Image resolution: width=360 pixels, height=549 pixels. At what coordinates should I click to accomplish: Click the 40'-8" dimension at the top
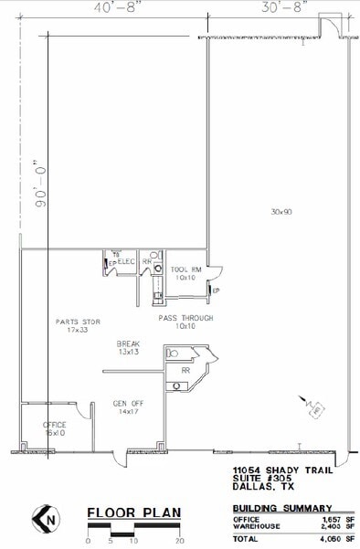(88, 7)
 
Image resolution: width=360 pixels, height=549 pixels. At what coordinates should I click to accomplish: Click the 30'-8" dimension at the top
(281, 7)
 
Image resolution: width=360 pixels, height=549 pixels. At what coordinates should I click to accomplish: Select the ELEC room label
(127, 262)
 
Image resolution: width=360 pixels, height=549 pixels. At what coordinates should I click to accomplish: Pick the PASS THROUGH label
(185, 318)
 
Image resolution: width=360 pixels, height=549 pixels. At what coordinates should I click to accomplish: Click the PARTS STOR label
(78, 322)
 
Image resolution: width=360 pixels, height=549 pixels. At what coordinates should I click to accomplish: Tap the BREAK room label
(128, 344)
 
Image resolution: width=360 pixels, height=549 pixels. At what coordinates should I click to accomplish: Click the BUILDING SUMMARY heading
(281, 507)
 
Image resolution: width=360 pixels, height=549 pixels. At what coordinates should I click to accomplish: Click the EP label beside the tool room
(217, 290)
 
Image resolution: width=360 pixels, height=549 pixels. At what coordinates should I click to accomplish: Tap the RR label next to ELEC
(146, 262)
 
